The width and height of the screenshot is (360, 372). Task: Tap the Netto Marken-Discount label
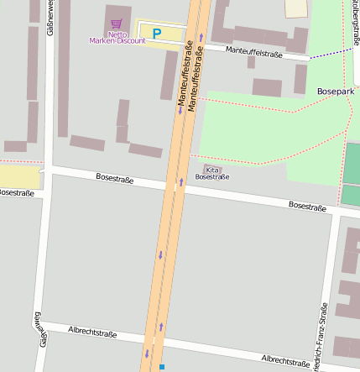[116, 37]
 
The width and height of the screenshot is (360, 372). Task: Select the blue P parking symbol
[156, 34]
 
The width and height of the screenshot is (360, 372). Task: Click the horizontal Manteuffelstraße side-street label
[254, 53]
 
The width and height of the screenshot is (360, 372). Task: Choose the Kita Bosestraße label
[211, 173]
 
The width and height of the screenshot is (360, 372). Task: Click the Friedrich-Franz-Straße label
[322, 336]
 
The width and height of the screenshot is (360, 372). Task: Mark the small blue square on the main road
[162, 367]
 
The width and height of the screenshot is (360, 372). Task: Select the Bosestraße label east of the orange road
[307, 206]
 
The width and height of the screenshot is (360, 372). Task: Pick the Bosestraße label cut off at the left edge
[16, 193]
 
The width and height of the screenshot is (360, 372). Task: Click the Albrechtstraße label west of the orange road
[93, 333]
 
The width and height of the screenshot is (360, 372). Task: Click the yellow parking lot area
[168, 34]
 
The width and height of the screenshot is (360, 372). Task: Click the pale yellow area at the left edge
[18, 176]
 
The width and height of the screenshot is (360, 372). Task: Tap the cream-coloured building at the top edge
[296, 8]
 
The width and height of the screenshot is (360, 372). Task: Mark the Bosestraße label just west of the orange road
[115, 178]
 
